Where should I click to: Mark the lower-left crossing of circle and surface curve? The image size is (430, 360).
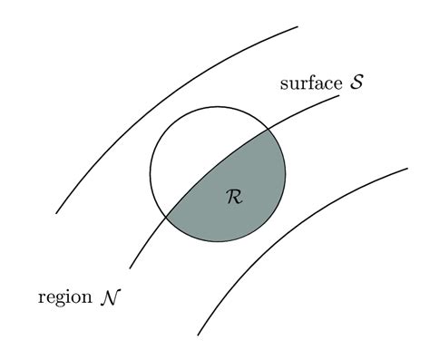click(x=167, y=216)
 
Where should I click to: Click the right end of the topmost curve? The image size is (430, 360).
click(x=298, y=27)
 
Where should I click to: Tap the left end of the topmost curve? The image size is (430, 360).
click(x=56, y=213)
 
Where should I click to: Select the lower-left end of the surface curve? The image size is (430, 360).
click(x=130, y=268)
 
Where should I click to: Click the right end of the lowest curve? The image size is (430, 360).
click(x=407, y=168)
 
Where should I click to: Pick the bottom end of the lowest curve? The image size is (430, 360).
click(x=198, y=335)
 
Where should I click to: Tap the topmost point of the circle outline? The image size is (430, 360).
click(x=218, y=106)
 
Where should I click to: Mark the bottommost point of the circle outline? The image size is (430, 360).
click(x=218, y=242)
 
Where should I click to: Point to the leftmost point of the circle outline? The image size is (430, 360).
click(x=150, y=174)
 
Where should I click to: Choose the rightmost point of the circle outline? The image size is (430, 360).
click(x=286, y=174)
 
